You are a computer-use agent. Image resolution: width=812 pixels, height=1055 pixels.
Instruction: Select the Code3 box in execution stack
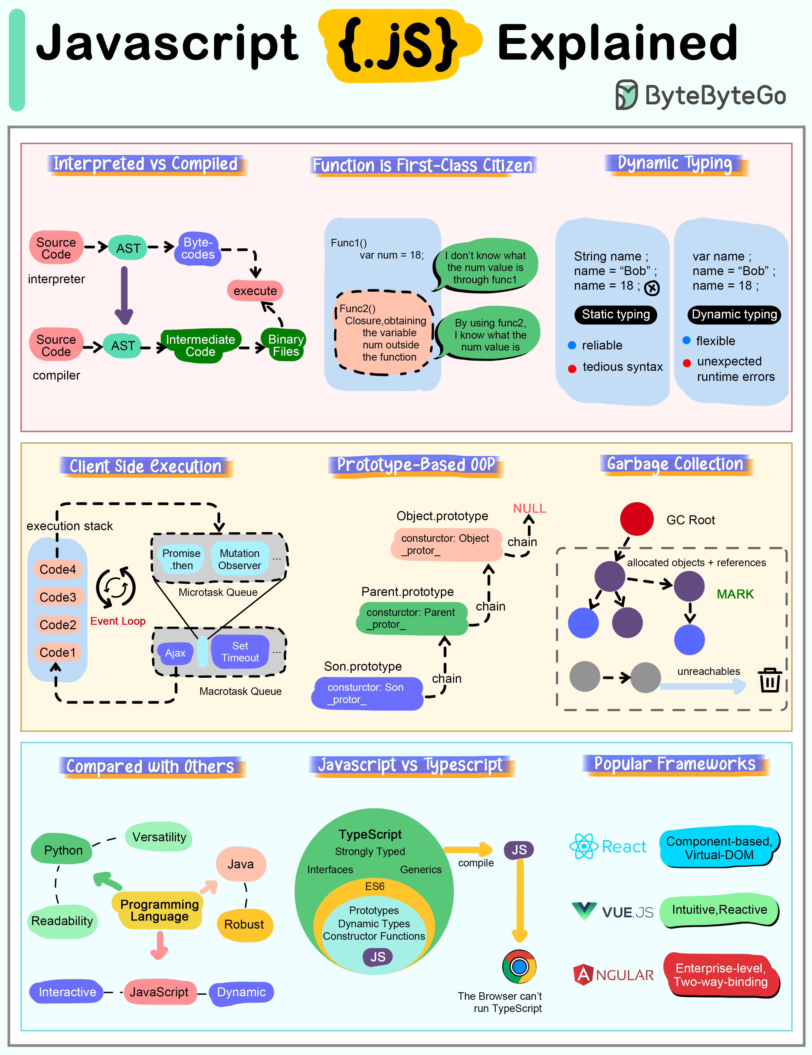coord(58,597)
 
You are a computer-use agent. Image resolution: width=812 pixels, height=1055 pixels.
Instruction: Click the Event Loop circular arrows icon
coord(116,587)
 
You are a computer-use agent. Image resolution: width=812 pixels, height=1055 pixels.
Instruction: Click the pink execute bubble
coord(255,291)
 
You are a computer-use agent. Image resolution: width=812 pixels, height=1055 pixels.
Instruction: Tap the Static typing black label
coord(616,314)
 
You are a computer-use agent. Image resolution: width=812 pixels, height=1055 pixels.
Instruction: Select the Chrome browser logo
coord(519,967)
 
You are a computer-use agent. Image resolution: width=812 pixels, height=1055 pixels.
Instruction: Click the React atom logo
coord(584,846)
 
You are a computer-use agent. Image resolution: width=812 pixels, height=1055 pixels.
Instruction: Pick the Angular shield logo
coord(583,975)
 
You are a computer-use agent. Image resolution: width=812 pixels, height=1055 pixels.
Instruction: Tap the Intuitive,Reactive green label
coord(719,910)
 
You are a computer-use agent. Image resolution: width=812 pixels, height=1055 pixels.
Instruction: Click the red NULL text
coord(529,508)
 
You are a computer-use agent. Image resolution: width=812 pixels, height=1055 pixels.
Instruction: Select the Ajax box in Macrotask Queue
coord(175,653)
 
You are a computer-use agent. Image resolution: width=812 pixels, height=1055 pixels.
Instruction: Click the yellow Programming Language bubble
coord(159,911)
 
